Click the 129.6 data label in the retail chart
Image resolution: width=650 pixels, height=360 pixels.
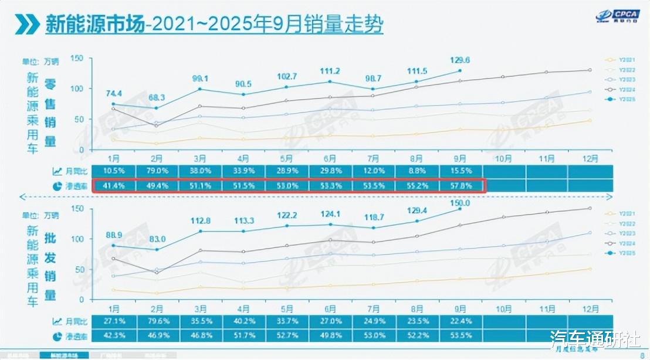460,60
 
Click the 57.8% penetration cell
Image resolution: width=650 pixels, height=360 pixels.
460,185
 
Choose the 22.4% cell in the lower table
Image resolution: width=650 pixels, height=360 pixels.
460,321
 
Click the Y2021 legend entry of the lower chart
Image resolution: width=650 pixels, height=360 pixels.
617,213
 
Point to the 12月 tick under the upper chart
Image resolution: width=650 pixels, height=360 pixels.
590,158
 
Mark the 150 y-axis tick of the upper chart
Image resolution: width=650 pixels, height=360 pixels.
77,58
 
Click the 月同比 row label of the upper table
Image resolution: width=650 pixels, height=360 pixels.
75,171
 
